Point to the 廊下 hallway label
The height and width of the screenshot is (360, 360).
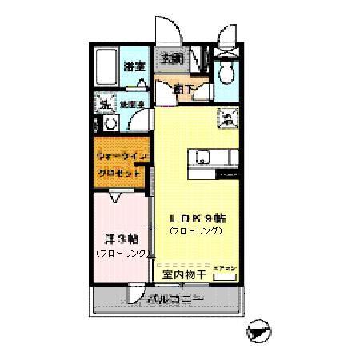[183, 88]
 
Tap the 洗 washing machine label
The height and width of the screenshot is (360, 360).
[105, 103]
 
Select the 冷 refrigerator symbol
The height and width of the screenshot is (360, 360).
[226, 121]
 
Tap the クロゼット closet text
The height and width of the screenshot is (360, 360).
[120, 173]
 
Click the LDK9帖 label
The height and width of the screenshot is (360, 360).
[195, 217]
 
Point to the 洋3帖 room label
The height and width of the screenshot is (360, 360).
[121, 238]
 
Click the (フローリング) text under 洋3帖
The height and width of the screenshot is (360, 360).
[122, 253]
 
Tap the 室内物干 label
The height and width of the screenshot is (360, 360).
[185, 274]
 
